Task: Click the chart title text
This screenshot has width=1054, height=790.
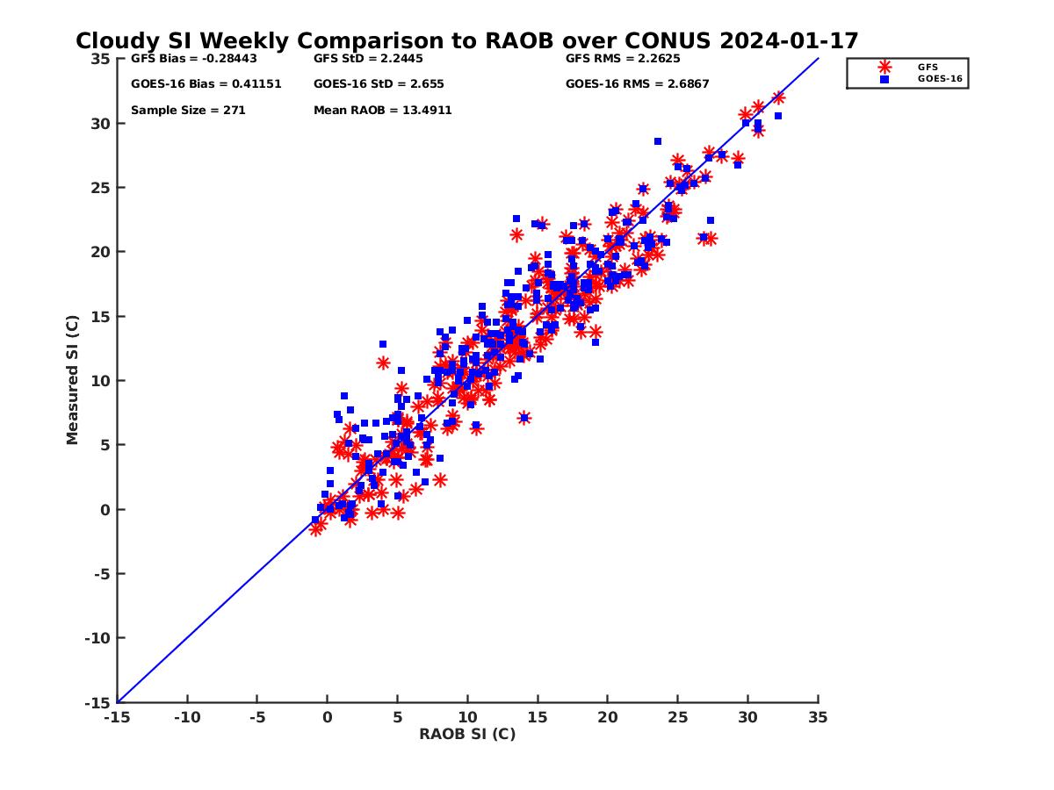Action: coord(466,41)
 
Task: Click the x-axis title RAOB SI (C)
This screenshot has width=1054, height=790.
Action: coord(466,734)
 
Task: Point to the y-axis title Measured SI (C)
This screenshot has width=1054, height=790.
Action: coord(73,381)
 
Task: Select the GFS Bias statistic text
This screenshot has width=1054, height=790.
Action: coord(189,59)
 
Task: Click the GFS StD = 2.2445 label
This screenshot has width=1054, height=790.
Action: coord(368,59)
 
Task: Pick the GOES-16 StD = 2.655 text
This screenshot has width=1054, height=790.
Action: coord(379,84)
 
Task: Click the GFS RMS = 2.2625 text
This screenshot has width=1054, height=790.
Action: coord(623,59)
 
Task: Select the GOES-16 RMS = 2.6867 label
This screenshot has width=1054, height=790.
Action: coord(637,84)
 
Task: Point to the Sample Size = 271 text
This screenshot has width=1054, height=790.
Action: coord(188,111)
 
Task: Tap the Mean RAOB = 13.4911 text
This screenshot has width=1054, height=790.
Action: coord(383,111)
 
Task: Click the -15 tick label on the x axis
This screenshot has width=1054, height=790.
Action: coord(117,717)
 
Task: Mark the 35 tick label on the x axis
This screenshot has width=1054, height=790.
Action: coord(818,717)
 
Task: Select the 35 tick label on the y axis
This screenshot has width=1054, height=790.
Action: coord(100,59)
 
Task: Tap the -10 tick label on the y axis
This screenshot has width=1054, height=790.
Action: coord(97,638)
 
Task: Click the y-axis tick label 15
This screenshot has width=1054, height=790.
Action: coord(100,316)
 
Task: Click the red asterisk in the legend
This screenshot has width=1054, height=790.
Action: coord(884,67)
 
